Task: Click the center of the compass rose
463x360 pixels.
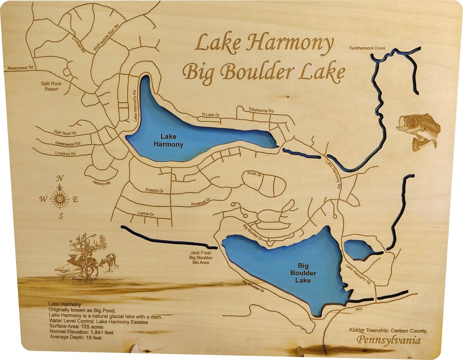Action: (x=60, y=199)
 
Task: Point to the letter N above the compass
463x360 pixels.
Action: (x=59, y=178)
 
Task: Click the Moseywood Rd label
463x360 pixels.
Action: (x=21, y=68)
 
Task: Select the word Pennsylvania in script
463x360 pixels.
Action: (x=388, y=340)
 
